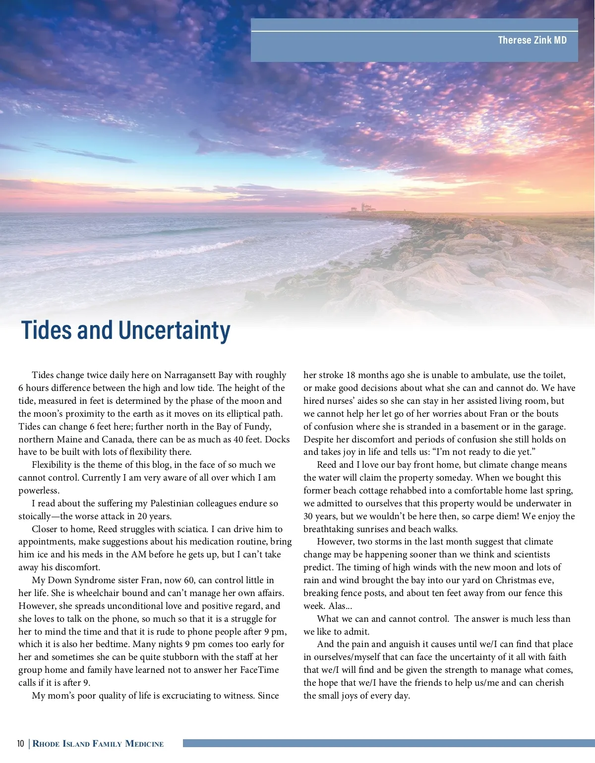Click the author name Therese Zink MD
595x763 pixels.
pyautogui.click(x=532, y=40)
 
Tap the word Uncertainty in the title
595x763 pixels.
pyautogui.click(x=174, y=330)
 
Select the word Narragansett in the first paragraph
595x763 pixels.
pyautogui.click(x=190, y=375)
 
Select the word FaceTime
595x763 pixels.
pyautogui.click(x=259, y=670)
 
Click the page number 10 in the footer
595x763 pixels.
pyautogui.click(x=20, y=744)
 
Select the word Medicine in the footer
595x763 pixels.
pyautogui.click(x=144, y=744)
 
